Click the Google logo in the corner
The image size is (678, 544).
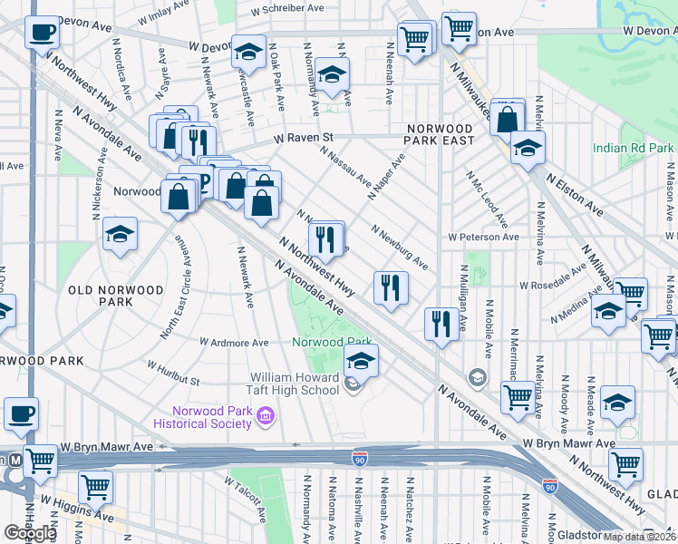(x=30, y=533)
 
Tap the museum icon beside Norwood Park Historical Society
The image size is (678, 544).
(x=266, y=416)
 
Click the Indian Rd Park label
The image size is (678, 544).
(x=634, y=148)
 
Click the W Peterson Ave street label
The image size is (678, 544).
(x=483, y=237)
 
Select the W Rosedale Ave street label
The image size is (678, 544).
(x=555, y=285)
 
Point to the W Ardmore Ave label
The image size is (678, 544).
(x=235, y=343)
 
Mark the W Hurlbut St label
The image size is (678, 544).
(x=172, y=372)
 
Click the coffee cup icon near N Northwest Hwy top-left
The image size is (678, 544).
(x=41, y=34)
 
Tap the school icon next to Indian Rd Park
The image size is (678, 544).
(x=527, y=149)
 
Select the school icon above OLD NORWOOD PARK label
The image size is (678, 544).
(x=120, y=236)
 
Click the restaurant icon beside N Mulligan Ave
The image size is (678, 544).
(x=441, y=325)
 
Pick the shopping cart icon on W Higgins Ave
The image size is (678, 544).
(x=95, y=488)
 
